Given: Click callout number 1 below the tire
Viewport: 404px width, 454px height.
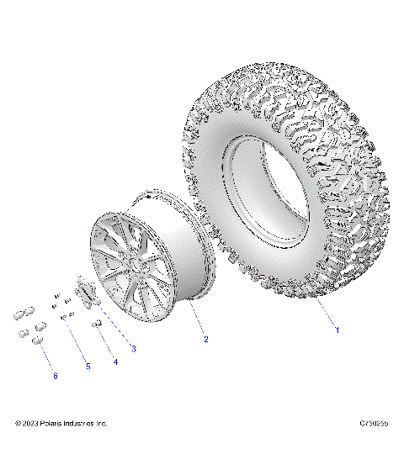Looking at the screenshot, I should click(x=338, y=330).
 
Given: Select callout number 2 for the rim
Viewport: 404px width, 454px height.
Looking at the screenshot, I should click(x=205, y=339).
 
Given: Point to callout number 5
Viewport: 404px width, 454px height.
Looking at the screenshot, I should click(x=86, y=367).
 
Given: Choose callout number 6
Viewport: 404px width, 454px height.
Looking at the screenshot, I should click(x=56, y=376).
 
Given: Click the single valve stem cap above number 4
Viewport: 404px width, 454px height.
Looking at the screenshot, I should click(x=97, y=324).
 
